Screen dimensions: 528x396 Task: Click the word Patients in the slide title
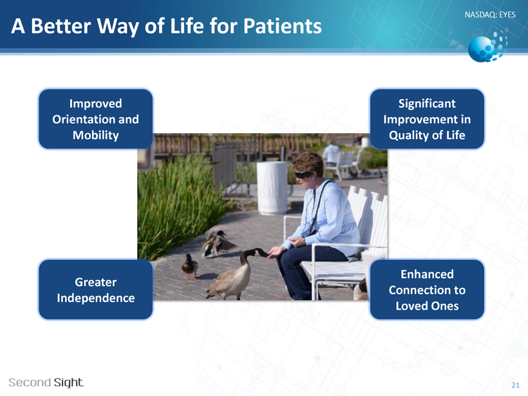point(282,26)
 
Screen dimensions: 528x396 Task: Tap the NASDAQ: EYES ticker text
point(490,14)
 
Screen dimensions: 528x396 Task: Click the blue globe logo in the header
point(487,46)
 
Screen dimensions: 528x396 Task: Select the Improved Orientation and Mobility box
point(96,119)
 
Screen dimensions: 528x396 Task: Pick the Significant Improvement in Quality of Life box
point(427,119)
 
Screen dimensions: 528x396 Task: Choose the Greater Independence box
point(96,290)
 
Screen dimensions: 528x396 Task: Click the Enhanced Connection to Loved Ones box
point(427,290)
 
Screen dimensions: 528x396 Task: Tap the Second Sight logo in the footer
point(46,382)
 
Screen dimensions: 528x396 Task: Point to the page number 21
point(515,385)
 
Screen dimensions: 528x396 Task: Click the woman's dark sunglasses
point(303,174)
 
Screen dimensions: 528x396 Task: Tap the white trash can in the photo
point(272,187)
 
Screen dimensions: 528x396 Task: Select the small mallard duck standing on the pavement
point(190,267)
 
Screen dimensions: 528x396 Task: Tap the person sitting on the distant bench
point(332,153)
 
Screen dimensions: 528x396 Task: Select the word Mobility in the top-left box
point(96,135)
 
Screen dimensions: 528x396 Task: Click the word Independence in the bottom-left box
point(96,298)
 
